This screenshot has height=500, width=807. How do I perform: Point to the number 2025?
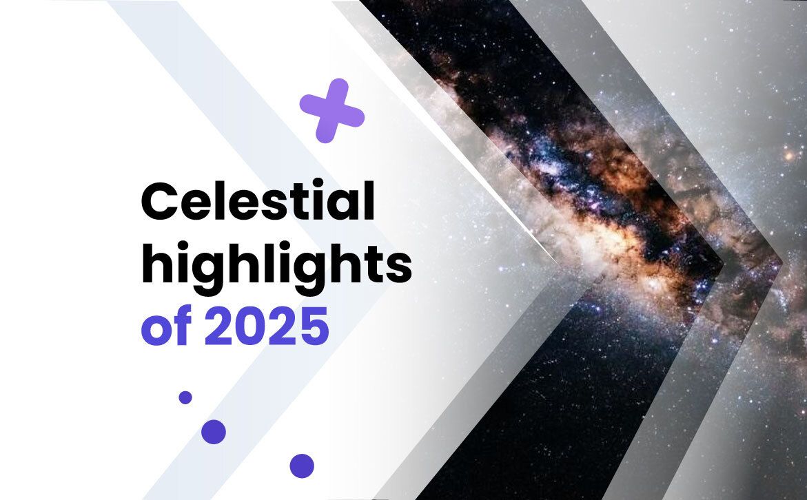pyautogui.click(x=267, y=326)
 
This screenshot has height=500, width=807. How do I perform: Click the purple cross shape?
pyautogui.click(x=332, y=111)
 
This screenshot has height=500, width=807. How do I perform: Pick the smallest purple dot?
pyautogui.click(x=185, y=397)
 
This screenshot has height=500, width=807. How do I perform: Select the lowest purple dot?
pyautogui.click(x=302, y=466)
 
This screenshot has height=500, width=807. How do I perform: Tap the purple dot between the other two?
pyautogui.click(x=213, y=432)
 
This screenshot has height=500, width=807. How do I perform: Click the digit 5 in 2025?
pyautogui.click(x=314, y=326)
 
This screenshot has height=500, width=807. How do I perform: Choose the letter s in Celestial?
pyautogui.click(x=280, y=207)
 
